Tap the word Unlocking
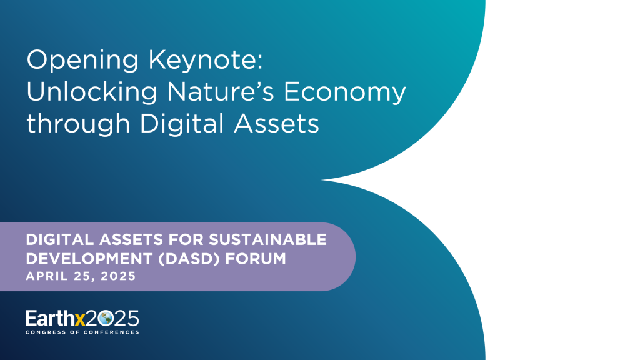(90, 92)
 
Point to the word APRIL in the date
(45, 276)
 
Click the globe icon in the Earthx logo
(106, 318)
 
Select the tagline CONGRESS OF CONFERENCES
(82, 332)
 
